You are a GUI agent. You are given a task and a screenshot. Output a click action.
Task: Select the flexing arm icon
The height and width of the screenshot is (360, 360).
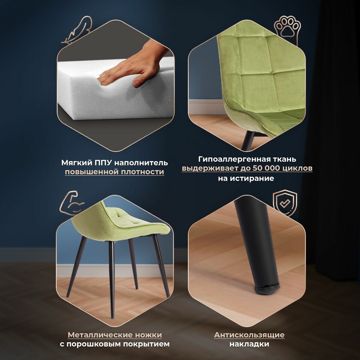72,202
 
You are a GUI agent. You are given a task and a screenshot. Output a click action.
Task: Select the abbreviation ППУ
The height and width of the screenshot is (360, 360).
103,163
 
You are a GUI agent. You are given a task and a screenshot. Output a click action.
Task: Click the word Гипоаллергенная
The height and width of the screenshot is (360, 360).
235,159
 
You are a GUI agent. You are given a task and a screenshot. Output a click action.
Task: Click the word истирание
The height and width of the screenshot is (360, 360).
252,178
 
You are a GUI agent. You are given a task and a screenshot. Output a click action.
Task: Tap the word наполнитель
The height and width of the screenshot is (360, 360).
141,163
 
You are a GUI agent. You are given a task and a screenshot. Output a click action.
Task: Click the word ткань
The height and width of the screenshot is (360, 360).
285,159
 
